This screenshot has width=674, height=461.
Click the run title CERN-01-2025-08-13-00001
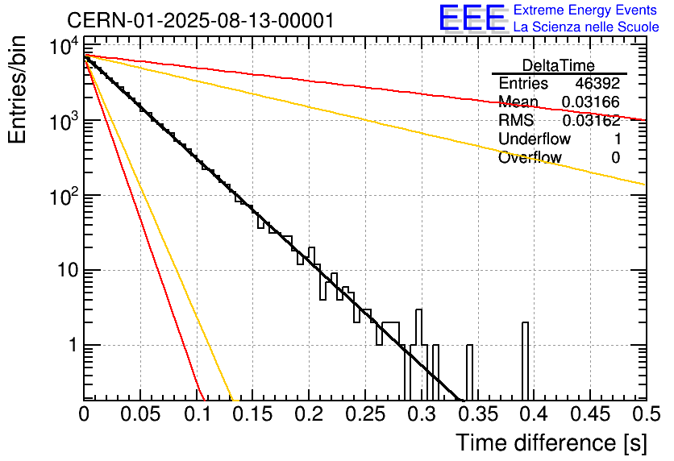[200, 20]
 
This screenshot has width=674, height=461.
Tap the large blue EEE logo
[472, 19]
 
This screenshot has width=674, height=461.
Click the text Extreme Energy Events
[586, 10]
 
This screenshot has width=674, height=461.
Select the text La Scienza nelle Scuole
[586, 27]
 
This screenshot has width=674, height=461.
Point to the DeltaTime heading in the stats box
[559, 65]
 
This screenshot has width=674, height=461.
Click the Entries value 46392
[597, 84]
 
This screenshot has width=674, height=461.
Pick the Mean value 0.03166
[591, 102]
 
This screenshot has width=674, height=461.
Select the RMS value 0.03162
[591, 121]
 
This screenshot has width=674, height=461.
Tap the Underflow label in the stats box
[535, 139]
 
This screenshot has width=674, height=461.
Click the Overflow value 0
[616, 158]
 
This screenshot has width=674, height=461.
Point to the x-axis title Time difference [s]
[550, 442]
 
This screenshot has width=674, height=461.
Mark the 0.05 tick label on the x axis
[140, 415]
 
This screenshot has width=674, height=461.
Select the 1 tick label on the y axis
[71, 346]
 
